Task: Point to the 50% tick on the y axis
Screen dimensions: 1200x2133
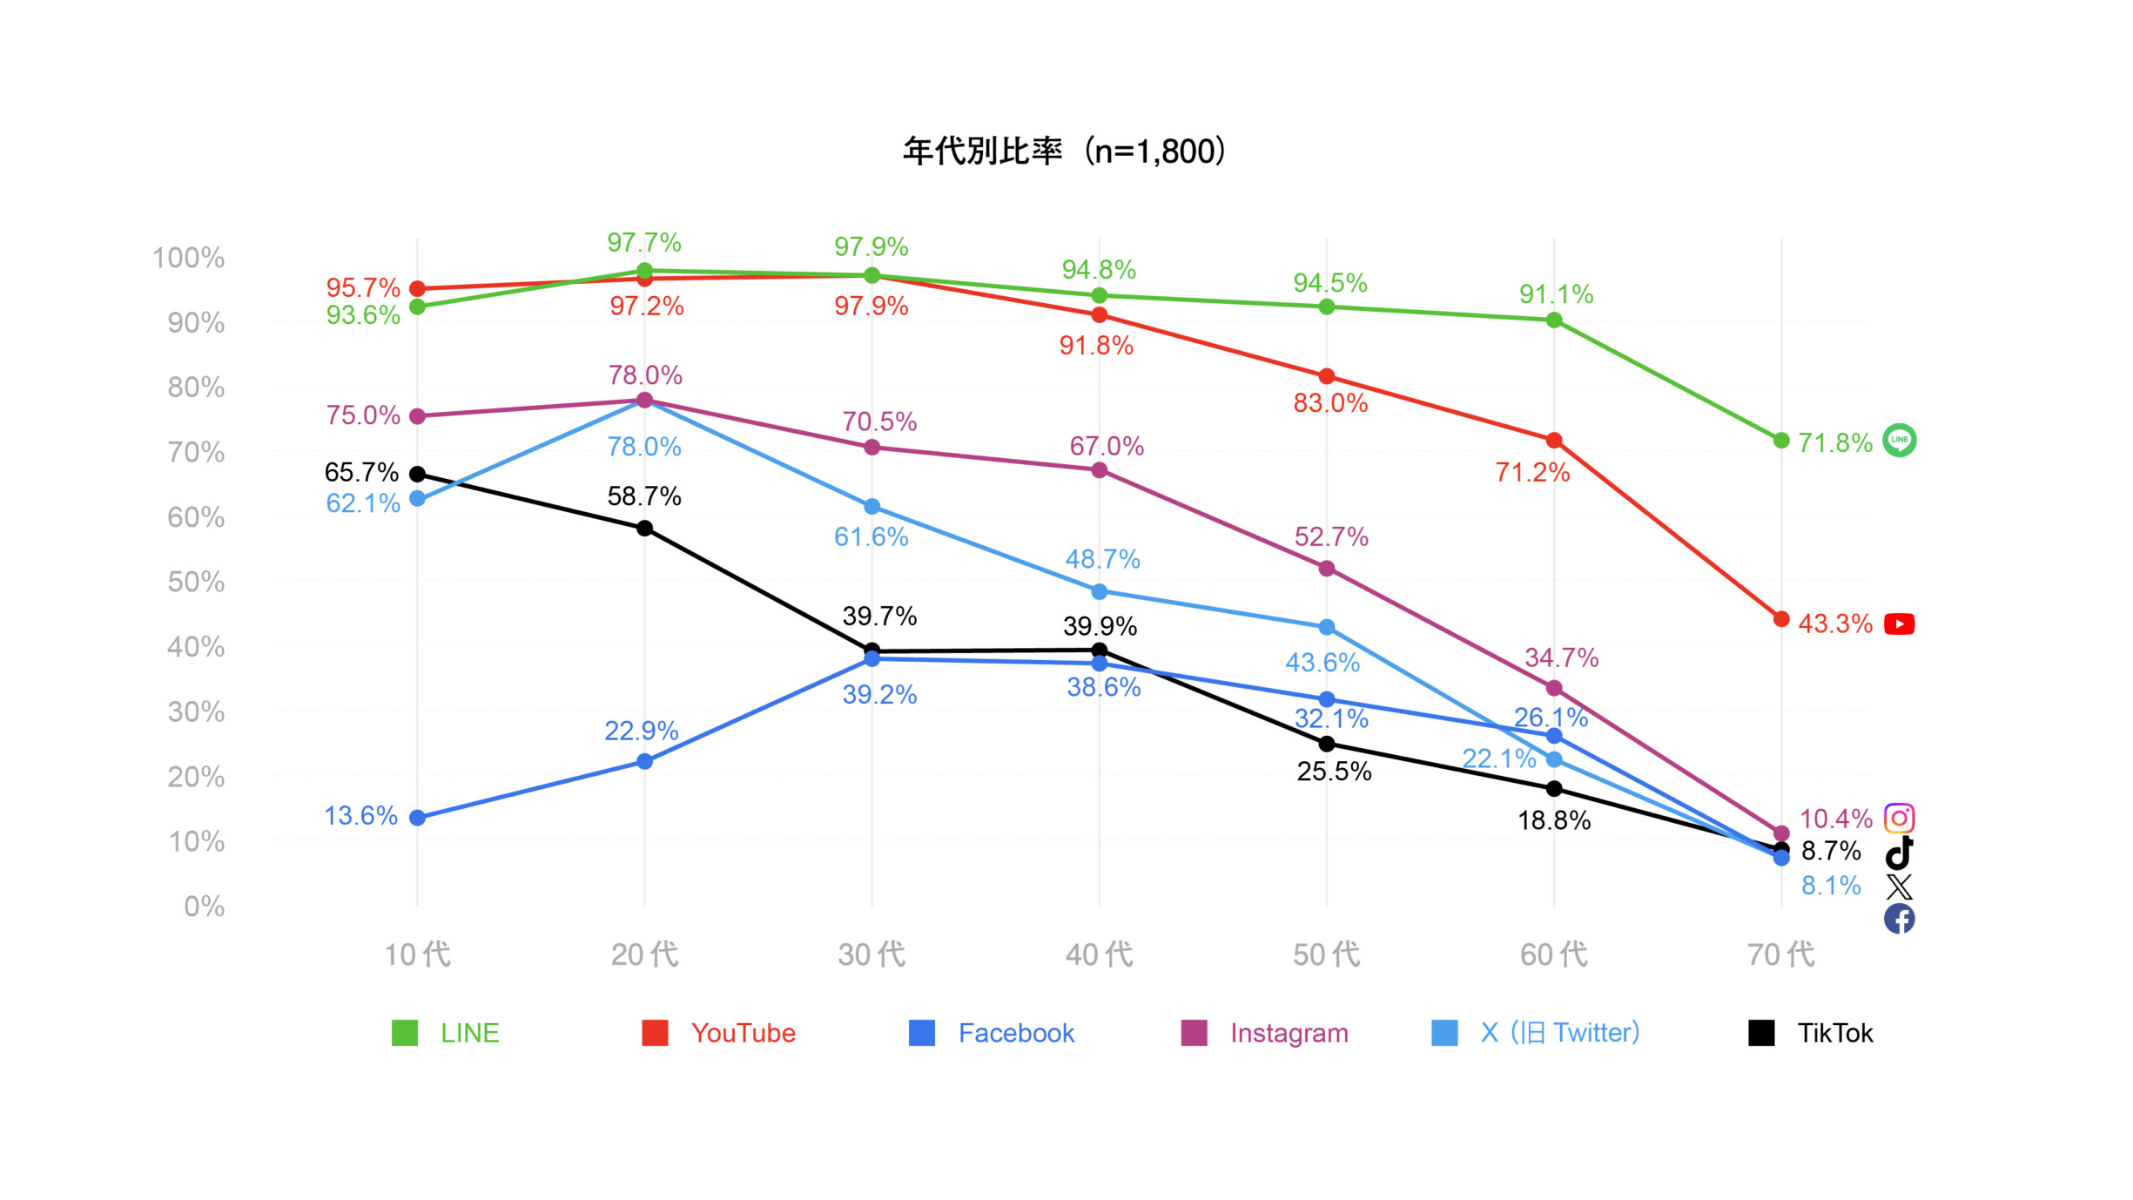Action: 196,582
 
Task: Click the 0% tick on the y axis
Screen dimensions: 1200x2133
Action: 204,907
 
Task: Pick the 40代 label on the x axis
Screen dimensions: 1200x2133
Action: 1099,954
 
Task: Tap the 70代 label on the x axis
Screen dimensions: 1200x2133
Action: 1780,954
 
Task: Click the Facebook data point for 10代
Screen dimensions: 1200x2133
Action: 417,818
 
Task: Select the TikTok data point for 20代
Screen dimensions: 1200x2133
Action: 644,529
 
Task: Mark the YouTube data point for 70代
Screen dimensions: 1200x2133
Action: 1781,619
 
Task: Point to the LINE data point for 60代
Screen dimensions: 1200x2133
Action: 1554,320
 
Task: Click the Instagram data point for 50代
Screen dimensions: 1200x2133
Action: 1327,569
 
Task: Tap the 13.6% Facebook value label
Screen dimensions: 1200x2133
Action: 360,816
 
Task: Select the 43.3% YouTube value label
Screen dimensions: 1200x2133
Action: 1834,624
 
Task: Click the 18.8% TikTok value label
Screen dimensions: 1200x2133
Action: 1554,820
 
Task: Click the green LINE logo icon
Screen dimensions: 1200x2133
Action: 1899,440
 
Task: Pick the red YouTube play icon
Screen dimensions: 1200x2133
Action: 1899,624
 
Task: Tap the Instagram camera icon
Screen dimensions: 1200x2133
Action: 1899,819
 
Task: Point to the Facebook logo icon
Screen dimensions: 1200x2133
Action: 1899,919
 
